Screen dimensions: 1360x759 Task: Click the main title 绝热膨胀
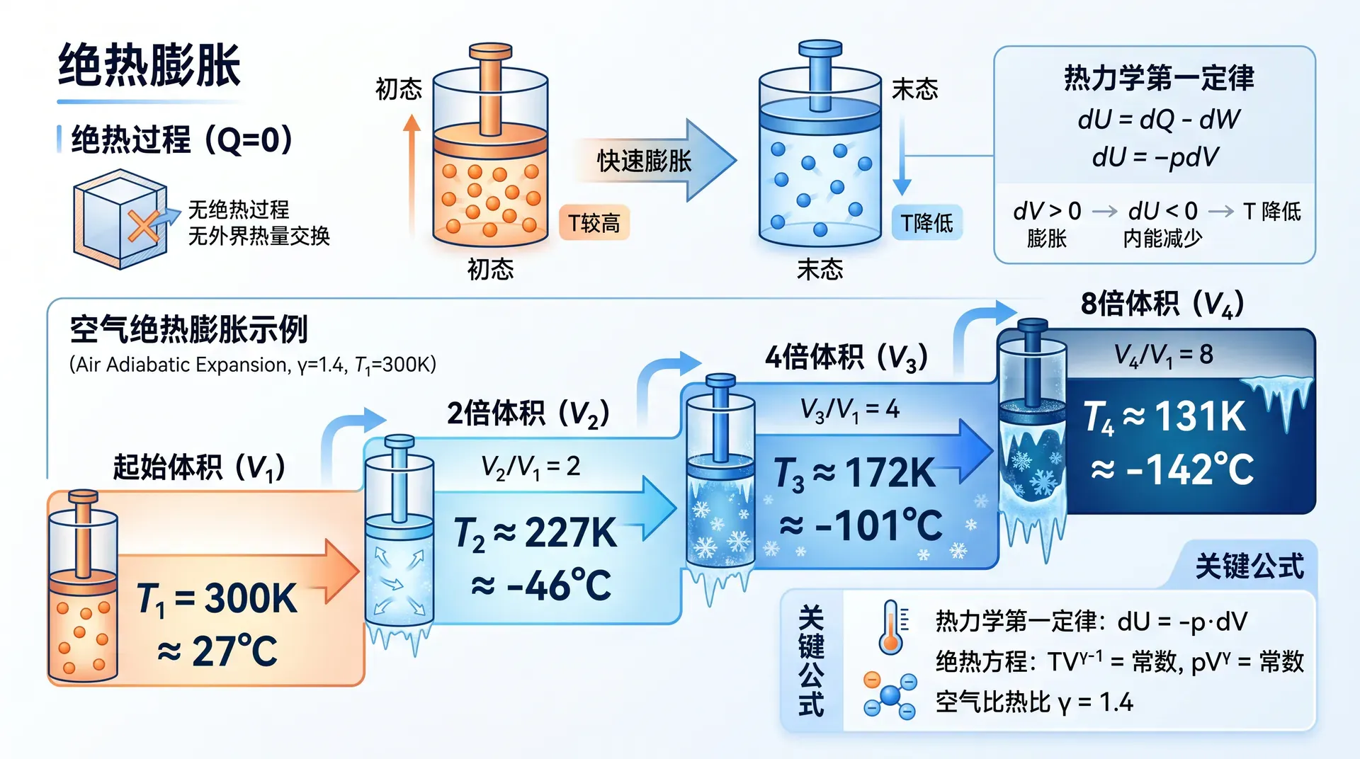[149, 65]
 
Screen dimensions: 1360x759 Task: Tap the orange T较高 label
[594, 223]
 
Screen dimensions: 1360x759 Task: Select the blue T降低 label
[926, 223]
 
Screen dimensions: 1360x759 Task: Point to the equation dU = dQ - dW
[1159, 119]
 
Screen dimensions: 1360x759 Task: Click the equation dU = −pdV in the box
[1155, 156]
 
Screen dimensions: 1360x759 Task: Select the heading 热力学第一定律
[1159, 78]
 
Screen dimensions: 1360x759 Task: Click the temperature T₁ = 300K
[217, 598]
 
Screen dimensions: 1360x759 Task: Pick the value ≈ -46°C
[541, 586]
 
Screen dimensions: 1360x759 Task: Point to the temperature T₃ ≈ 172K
[854, 472]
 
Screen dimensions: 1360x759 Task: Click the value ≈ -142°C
[1172, 469]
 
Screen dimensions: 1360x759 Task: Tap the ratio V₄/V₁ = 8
[1163, 354]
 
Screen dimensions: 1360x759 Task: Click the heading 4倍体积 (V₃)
[846, 358]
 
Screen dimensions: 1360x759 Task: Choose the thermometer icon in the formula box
[892, 627]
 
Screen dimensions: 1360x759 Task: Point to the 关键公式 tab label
[1249, 566]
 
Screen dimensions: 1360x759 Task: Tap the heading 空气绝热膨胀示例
[188, 329]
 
